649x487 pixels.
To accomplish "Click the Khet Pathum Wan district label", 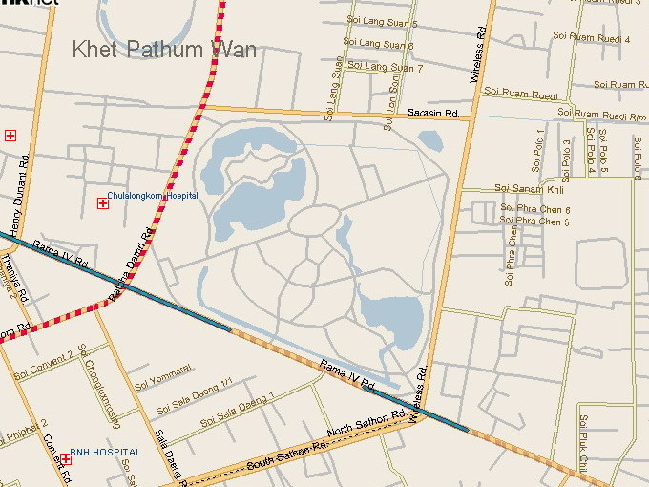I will tap(164, 49).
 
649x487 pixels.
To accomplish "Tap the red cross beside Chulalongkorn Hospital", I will tap(102, 202).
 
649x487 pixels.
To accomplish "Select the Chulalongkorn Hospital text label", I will tap(153, 196).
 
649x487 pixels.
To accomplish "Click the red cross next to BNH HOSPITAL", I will tap(66, 459).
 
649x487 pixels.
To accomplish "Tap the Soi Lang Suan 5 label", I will tap(381, 23).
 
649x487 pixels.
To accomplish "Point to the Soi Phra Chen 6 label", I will tap(535, 209).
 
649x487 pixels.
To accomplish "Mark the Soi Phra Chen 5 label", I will tap(535, 222).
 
